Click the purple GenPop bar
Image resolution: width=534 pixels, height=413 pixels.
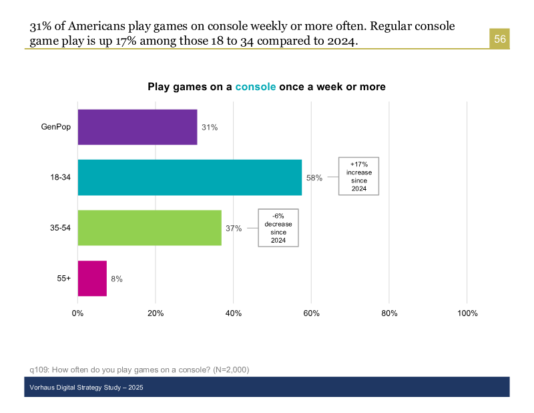(x=138, y=127)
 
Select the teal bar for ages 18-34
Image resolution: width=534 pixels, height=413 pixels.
(x=190, y=178)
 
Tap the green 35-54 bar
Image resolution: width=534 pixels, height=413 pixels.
(x=150, y=228)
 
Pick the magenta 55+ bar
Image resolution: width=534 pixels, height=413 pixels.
(x=92, y=278)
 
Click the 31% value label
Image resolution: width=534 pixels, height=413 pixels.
(x=210, y=128)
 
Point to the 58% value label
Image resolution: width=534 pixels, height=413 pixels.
(x=314, y=178)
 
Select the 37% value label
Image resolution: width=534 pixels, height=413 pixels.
(x=234, y=229)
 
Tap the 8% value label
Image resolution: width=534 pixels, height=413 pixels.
(x=117, y=279)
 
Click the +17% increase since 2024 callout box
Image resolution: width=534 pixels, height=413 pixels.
(x=358, y=176)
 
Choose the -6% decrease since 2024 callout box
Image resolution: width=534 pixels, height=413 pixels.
(x=278, y=228)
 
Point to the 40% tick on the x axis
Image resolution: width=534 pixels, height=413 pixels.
(x=233, y=313)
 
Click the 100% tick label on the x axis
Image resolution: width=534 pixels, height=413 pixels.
(x=467, y=313)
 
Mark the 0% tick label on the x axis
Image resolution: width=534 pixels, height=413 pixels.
(x=78, y=313)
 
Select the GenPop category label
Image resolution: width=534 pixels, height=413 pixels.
(x=56, y=127)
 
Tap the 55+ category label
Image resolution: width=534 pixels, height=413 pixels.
(x=64, y=278)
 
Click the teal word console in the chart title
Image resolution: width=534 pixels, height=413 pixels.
(x=255, y=87)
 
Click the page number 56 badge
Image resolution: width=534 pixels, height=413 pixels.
(x=500, y=39)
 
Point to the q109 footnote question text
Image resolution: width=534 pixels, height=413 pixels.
(x=140, y=370)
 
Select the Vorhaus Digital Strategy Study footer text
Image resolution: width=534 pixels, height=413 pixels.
(x=86, y=388)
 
